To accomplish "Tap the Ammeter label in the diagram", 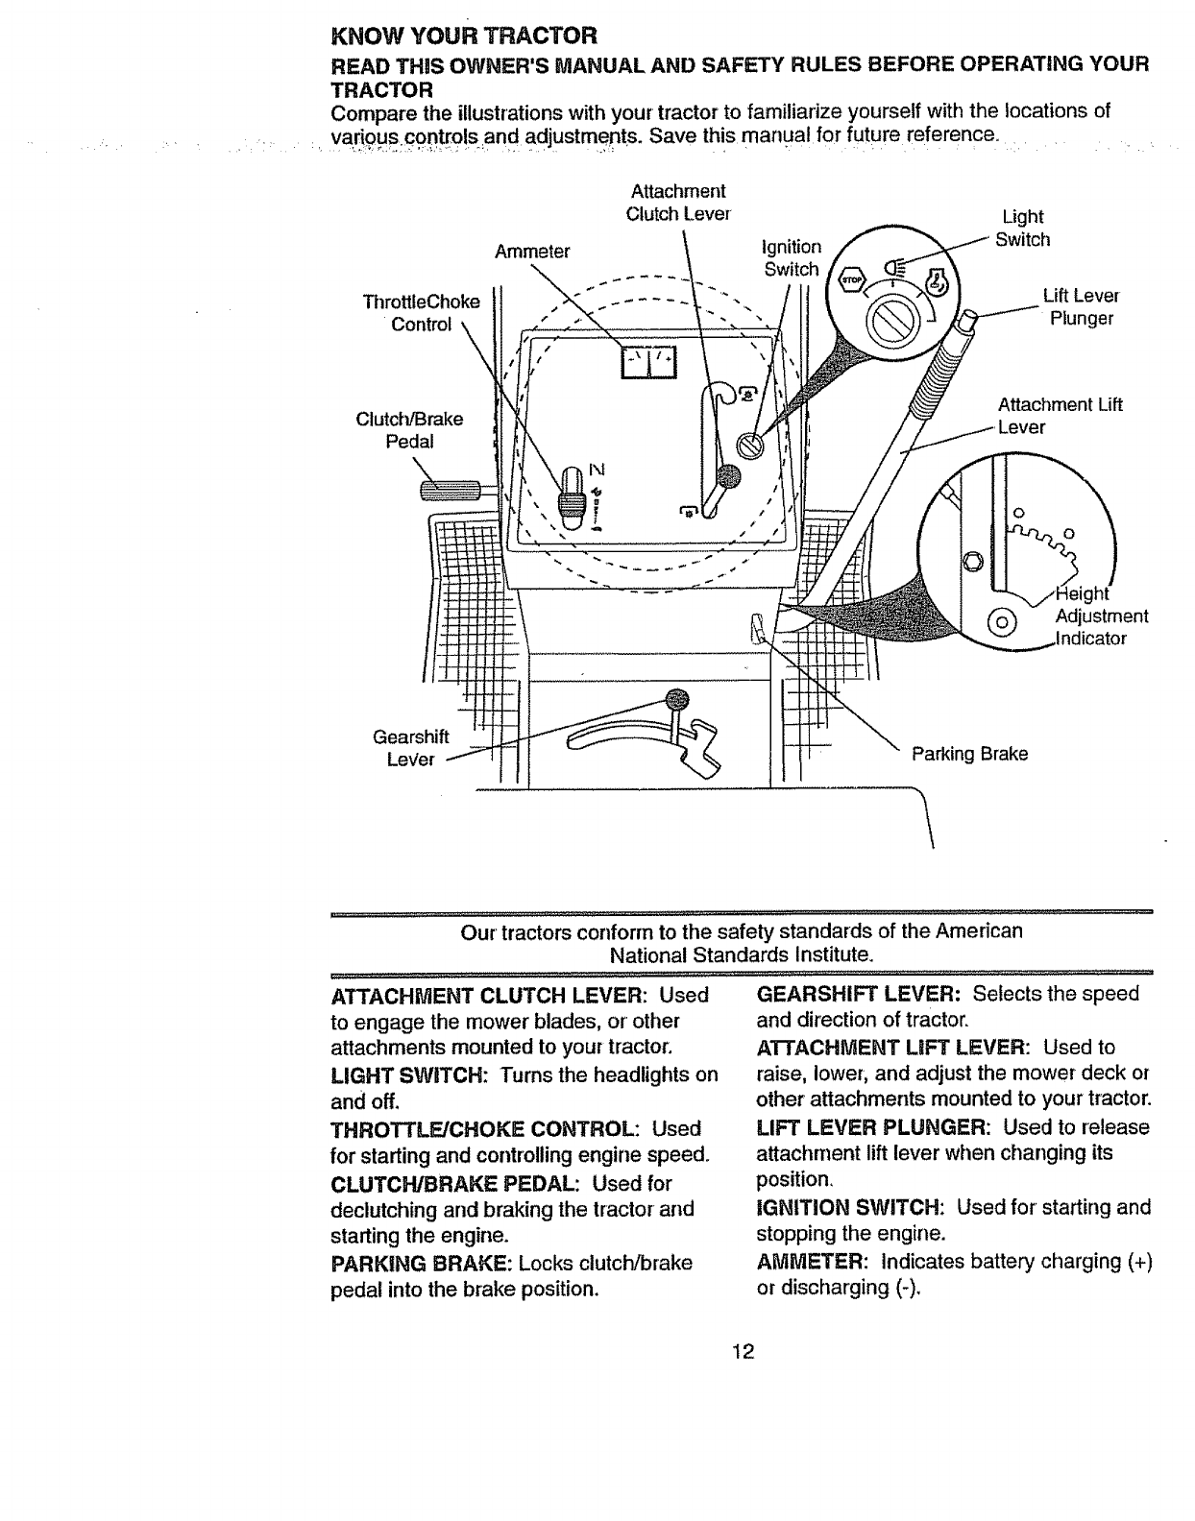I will pos(532,252).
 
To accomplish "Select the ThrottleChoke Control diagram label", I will pos(421,313).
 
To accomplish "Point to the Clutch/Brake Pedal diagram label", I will pos(409,430).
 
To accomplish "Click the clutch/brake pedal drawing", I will pos(456,493).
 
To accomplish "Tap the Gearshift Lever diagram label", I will pos(403,748).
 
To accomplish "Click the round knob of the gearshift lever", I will pos(678,697).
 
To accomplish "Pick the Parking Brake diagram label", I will pos(969,754).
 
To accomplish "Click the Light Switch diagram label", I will pos(1022,229).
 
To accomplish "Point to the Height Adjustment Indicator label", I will pos(1100,616).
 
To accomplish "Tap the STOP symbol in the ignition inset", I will pos(852,279).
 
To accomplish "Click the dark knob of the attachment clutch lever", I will pos(730,473).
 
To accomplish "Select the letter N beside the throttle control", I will pos(597,470).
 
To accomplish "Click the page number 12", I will pos(741,1352).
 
